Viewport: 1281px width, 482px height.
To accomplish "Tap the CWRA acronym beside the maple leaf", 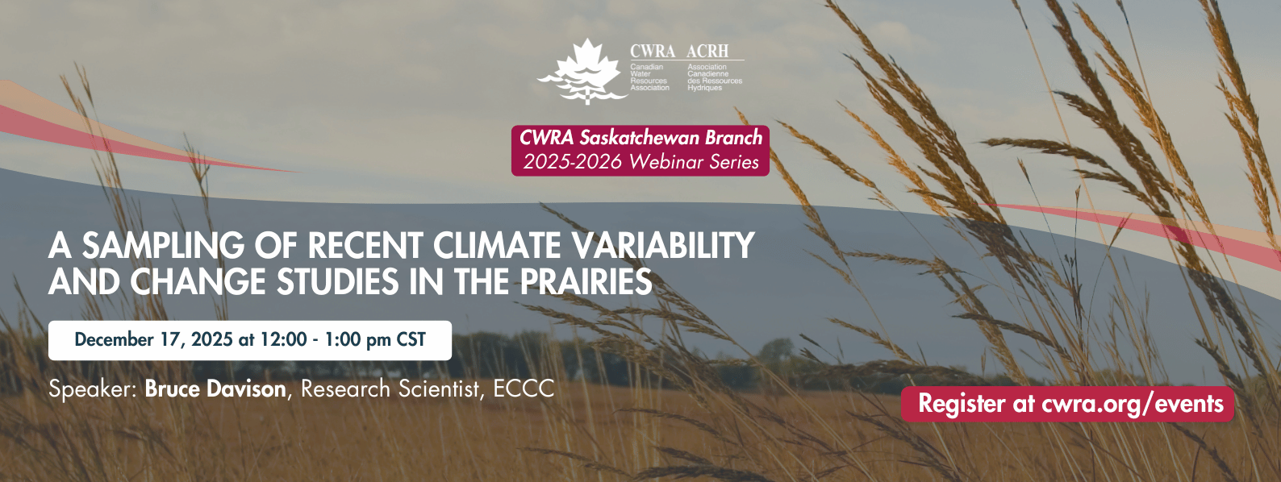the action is point(653,52).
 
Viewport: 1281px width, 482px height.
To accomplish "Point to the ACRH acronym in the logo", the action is point(707,52).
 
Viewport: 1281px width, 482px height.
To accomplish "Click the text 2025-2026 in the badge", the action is point(572,162).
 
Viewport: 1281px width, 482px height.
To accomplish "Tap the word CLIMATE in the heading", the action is point(497,246).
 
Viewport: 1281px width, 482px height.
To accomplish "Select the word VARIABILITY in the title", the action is point(664,246).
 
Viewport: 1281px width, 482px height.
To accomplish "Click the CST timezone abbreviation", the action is point(411,340).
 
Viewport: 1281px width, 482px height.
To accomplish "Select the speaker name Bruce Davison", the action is point(215,389).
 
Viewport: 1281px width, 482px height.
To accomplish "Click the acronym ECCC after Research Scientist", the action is point(524,389).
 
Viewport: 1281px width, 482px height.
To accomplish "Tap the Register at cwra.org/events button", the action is point(1068,404).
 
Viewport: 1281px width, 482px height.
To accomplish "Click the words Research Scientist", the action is point(390,389).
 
